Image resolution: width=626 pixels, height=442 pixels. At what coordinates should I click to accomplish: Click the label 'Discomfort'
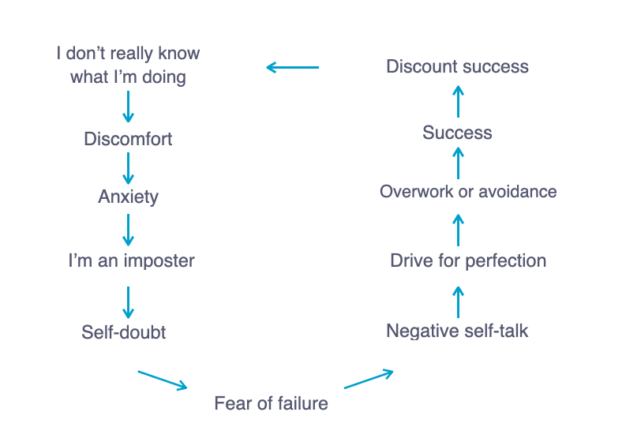[x=128, y=139]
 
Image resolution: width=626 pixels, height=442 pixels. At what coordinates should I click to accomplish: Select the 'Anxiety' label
[x=128, y=197]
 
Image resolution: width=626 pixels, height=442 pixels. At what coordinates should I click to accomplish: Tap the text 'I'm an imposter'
[x=131, y=261]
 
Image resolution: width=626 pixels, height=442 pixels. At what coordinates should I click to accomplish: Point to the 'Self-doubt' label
[x=123, y=332]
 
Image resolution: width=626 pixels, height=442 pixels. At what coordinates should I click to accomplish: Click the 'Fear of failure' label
[x=271, y=403]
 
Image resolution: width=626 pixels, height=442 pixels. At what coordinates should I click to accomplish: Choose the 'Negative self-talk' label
[x=457, y=331]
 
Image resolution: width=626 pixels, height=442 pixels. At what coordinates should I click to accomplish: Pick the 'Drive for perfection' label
[x=468, y=260]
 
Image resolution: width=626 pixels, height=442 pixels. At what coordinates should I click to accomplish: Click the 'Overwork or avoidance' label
[x=468, y=192]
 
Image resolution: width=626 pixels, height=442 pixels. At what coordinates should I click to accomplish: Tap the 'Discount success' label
[x=457, y=66]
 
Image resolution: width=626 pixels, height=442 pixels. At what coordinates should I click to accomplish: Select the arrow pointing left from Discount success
[x=293, y=67]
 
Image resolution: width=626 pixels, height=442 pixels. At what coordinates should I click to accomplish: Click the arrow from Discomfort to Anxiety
[x=128, y=168]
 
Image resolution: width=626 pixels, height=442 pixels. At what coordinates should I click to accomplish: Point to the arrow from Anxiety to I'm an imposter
[x=128, y=230]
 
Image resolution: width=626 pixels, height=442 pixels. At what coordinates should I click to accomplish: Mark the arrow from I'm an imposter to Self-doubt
[x=128, y=302]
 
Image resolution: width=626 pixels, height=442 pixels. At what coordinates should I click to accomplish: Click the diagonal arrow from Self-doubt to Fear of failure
[x=163, y=380]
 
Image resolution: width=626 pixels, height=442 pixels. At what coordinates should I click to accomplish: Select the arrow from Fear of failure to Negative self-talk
[x=369, y=380]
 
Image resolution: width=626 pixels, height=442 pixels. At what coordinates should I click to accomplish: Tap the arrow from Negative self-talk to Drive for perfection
[x=459, y=302]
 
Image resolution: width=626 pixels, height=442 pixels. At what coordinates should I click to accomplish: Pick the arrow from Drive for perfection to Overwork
[x=459, y=230]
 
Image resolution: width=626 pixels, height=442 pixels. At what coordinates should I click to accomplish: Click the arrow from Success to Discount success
[x=459, y=101]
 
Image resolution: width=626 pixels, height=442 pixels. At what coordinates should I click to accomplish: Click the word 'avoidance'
[x=518, y=192]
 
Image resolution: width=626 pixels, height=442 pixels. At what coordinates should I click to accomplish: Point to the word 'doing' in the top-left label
[x=164, y=77]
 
